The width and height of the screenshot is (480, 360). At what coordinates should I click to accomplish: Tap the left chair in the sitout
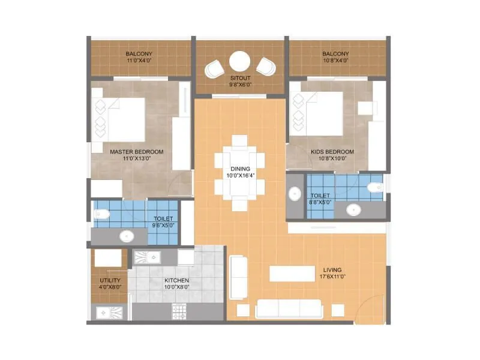click(x=214, y=69)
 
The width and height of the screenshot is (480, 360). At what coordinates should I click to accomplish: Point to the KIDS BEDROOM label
click(x=332, y=152)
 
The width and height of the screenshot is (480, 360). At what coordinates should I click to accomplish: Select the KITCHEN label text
click(x=177, y=280)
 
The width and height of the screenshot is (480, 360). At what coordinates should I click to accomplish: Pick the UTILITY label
click(x=110, y=280)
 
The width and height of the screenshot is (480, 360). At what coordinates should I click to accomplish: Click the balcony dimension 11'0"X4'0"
click(x=142, y=60)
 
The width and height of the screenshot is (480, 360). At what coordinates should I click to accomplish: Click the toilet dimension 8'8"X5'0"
click(x=321, y=203)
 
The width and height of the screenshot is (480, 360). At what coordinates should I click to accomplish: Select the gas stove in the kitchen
click(x=179, y=310)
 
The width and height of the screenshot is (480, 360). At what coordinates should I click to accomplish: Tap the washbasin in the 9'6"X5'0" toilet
click(x=126, y=236)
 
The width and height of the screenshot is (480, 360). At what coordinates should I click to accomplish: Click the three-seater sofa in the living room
click(x=289, y=309)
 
